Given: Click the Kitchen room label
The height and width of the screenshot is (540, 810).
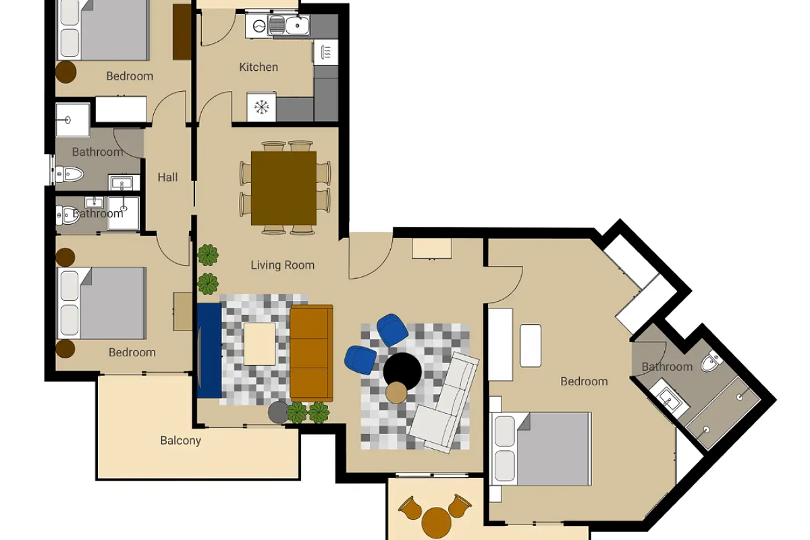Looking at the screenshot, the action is click(259, 67).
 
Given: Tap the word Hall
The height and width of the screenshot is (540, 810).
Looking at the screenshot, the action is click(168, 178).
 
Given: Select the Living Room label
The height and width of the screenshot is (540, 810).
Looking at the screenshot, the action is click(283, 265).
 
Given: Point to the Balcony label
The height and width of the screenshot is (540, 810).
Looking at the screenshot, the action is click(180, 441).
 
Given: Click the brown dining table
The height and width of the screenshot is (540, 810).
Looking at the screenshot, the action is click(284, 188).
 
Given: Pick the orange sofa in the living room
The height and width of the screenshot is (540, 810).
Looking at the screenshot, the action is click(311, 353).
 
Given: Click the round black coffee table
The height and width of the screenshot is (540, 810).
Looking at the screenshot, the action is click(402, 371).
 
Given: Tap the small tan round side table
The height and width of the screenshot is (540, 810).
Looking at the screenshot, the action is click(396, 393).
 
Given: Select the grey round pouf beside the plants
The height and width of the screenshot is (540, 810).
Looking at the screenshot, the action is click(278, 412).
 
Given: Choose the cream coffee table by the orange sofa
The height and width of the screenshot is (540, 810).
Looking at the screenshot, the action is click(260, 344).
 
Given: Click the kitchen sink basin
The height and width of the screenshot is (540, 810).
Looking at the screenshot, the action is click(297, 26).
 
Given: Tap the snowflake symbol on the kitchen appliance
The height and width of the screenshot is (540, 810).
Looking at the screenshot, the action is click(261, 107).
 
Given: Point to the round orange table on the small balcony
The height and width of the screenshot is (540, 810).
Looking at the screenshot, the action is click(437, 522).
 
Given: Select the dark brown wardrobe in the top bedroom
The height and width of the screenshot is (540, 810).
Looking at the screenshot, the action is click(182, 32).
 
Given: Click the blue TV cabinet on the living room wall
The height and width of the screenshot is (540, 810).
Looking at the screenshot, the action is click(209, 350).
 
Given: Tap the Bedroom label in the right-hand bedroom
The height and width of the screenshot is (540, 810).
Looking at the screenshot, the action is click(584, 381).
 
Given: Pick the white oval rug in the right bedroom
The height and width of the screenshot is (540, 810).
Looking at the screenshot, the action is click(531, 346).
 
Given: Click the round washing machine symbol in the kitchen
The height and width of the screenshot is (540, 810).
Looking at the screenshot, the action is click(259, 26).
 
